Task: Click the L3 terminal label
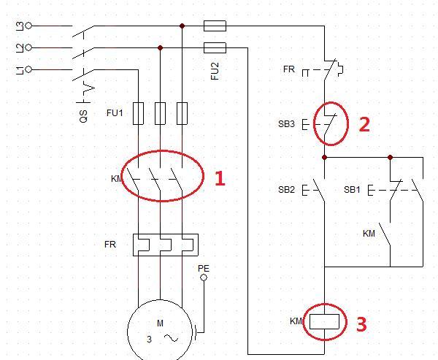[19, 26]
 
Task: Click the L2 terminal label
[19, 47]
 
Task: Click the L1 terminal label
[19, 69]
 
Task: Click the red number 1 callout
[219, 178]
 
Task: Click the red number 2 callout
[364, 124]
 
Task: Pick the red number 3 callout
[361, 323]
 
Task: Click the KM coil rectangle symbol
[324, 321]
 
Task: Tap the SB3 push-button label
[286, 124]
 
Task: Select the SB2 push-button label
[286, 190]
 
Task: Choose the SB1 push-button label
[352, 190]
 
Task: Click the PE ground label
[204, 268]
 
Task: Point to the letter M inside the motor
[160, 323]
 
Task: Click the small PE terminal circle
[204, 277]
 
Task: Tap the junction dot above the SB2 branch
[324, 157]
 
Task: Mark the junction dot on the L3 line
[182, 26]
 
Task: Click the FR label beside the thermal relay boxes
[110, 245]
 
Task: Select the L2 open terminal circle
[28, 47]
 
